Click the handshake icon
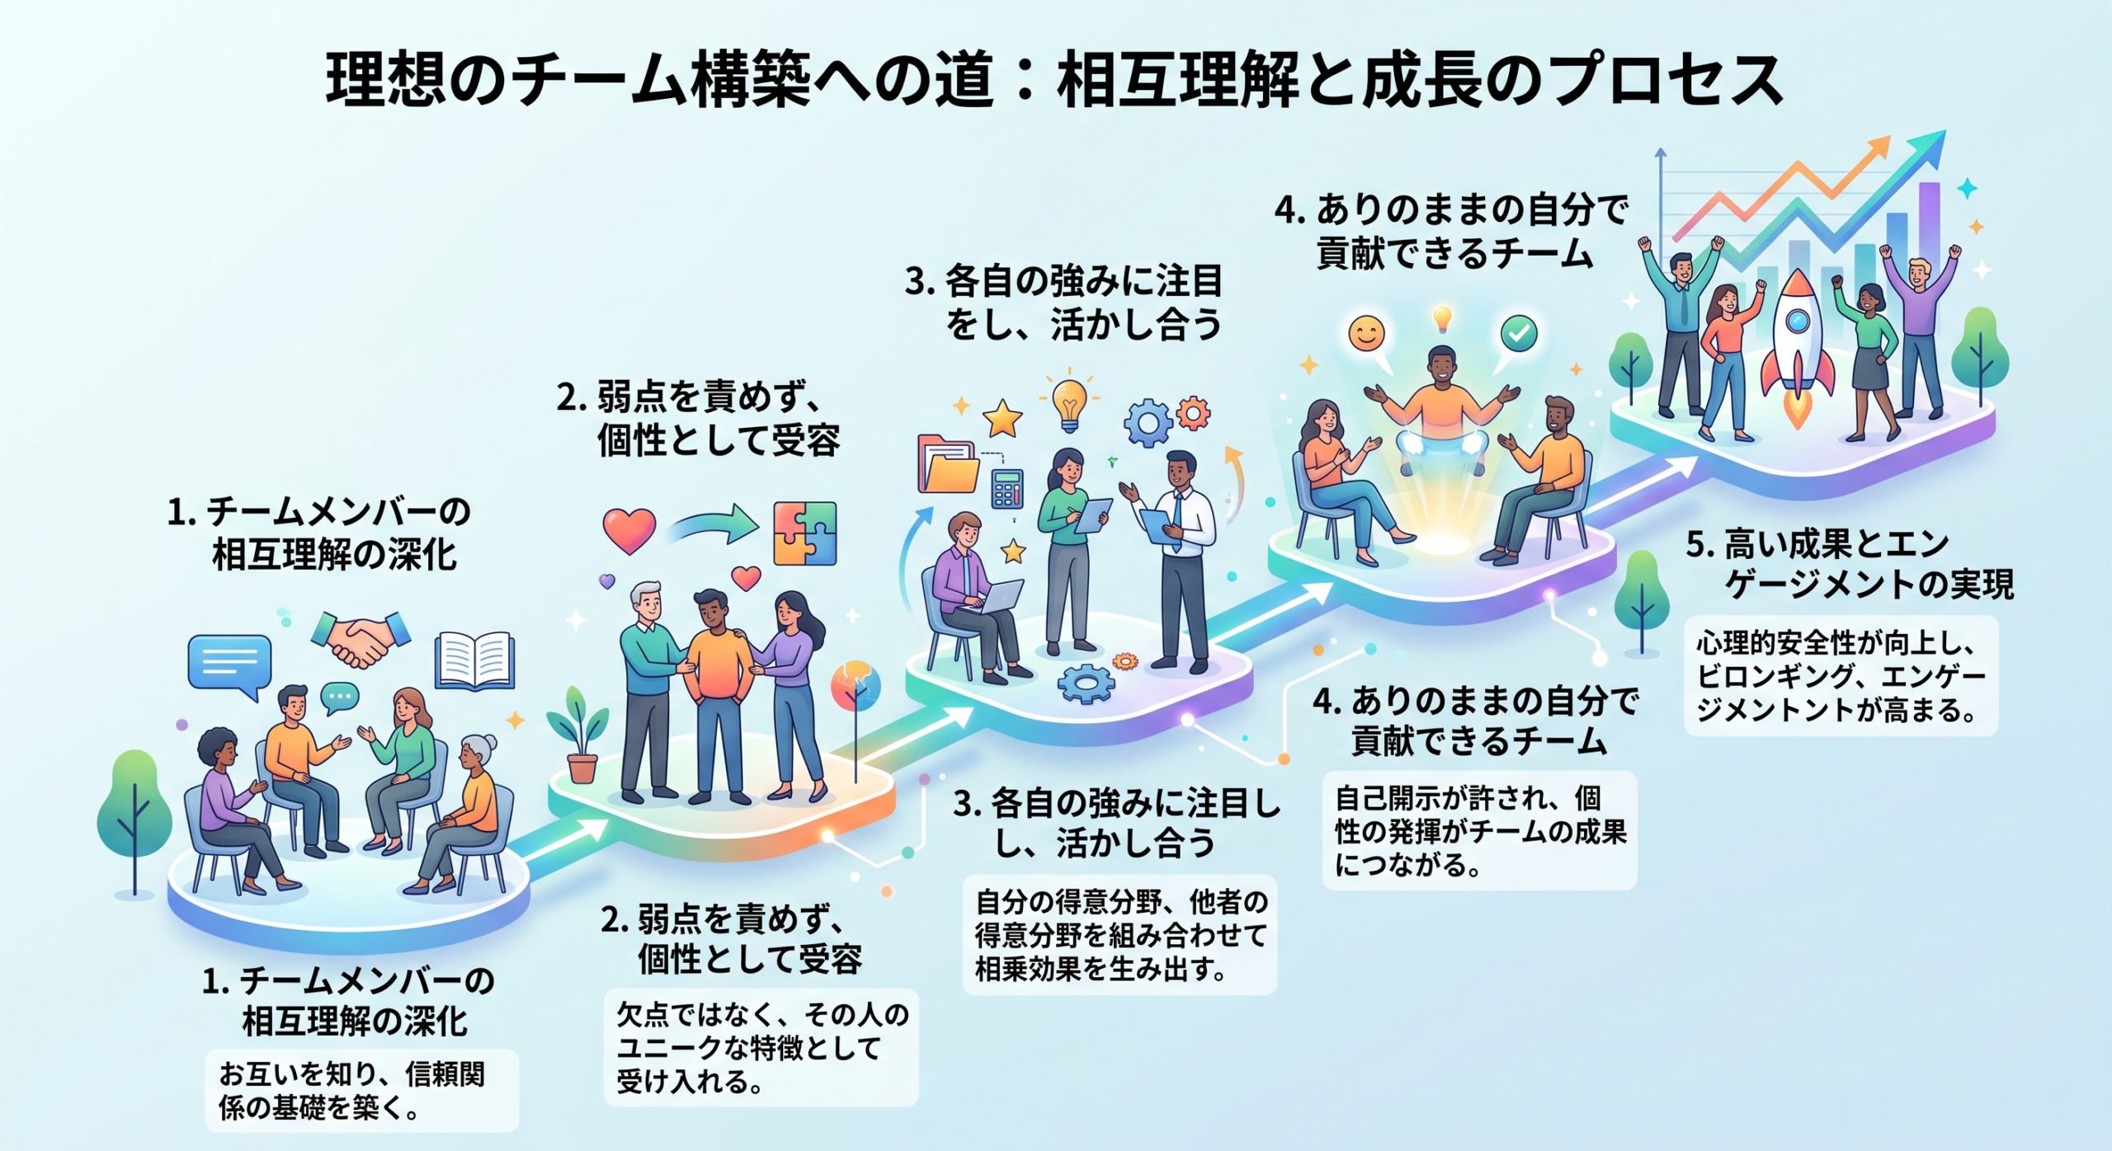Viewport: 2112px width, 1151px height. (x=361, y=637)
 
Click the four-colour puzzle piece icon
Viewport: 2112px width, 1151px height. (x=804, y=533)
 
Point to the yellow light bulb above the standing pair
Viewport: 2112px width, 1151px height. (x=1069, y=402)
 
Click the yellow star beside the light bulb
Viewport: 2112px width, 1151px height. (x=1003, y=419)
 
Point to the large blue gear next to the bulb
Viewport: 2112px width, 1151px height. (x=1148, y=423)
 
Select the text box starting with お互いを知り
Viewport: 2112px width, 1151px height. (x=362, y=1090)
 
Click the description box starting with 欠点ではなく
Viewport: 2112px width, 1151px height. (x=761, y=1047)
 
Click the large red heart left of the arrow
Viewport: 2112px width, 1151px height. (x=629, y=531)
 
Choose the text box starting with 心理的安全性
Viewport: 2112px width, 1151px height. (x=1841, y=675)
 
